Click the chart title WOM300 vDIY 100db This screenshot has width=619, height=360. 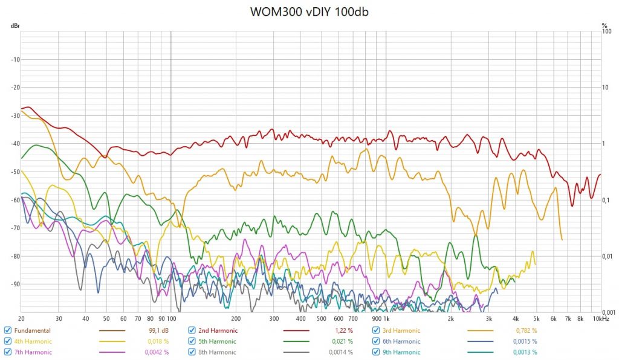309,13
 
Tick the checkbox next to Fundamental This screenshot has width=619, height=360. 7,330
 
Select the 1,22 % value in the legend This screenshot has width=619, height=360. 343,330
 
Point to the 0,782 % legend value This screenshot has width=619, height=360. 526,330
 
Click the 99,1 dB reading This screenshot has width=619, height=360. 158,330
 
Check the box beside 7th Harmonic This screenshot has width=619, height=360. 7,352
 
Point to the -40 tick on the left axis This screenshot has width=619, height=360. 15,144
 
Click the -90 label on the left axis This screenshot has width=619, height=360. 15,284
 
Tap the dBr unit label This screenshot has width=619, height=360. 14,26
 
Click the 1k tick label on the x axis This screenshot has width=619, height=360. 386,318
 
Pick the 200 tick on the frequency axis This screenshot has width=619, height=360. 236,318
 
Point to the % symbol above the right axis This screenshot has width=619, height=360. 604,26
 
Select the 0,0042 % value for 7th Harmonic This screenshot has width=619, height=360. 157,352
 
